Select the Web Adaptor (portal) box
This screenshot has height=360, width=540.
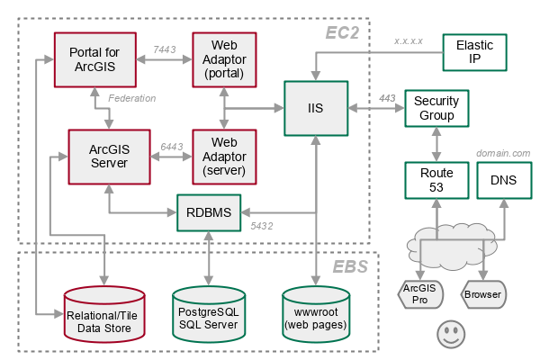(224, 60)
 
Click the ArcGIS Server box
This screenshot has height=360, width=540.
(109, 156)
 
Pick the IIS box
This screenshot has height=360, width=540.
(316, 108)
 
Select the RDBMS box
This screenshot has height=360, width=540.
(209, 213)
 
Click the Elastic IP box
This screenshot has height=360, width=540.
(474, 53)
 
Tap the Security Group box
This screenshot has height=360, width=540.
(436, 109)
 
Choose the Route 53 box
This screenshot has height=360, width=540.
(436, 180)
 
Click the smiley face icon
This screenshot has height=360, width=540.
(450, 335)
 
